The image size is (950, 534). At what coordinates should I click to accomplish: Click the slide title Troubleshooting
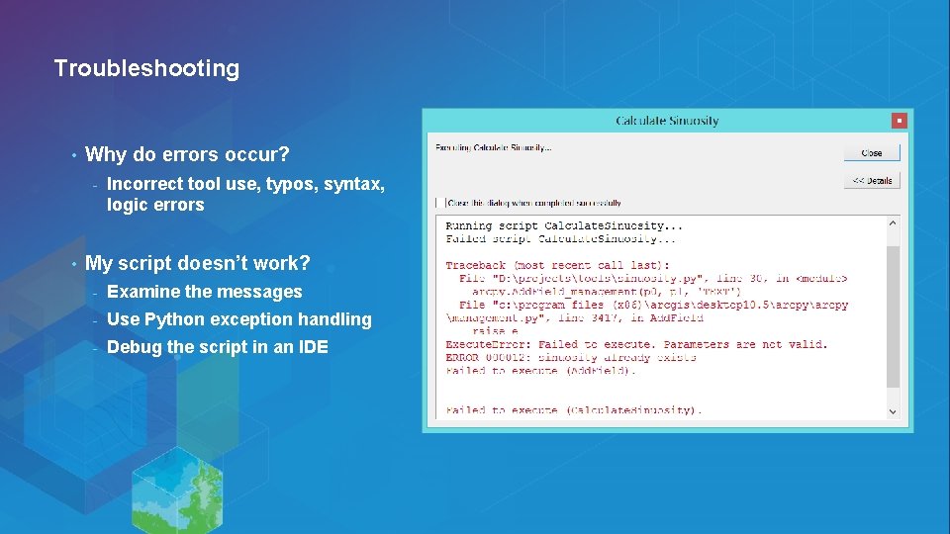coord(146,68)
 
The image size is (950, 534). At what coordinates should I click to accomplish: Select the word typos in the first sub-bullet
coord(291,183)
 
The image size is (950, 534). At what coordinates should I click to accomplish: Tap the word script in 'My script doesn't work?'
coord(144,263)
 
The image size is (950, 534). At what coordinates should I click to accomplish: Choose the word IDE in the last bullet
coord(313,347)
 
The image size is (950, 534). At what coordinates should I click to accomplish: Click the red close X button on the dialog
coord(899,121)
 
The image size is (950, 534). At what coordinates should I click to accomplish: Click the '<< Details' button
coord(872,180)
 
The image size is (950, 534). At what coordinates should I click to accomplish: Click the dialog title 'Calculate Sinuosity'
coord(667,121)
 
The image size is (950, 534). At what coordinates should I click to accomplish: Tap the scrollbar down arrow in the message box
coord(893,410)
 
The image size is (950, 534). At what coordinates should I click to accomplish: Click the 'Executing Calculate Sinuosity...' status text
coord(494,148)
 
